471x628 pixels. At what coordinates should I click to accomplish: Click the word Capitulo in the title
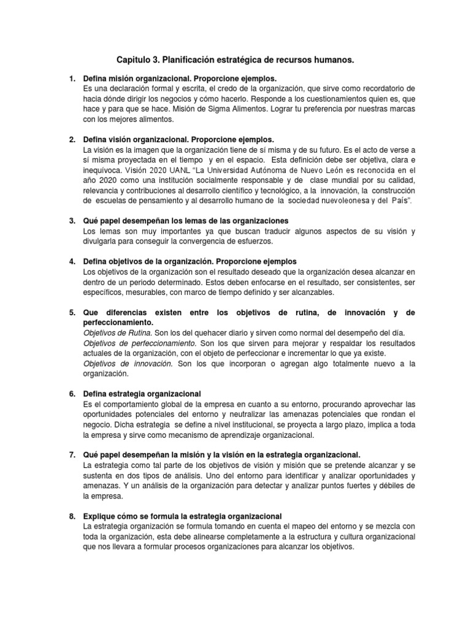(x=134, y=60)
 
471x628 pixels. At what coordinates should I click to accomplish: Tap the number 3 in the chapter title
(x=159, y=60)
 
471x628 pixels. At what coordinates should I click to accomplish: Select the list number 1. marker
(x=72, y=79)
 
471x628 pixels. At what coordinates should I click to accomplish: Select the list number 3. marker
(x=72, y=220)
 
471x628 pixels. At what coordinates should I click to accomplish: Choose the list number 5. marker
(x=72, y=312)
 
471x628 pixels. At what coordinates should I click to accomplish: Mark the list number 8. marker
(x=72, y=516)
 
